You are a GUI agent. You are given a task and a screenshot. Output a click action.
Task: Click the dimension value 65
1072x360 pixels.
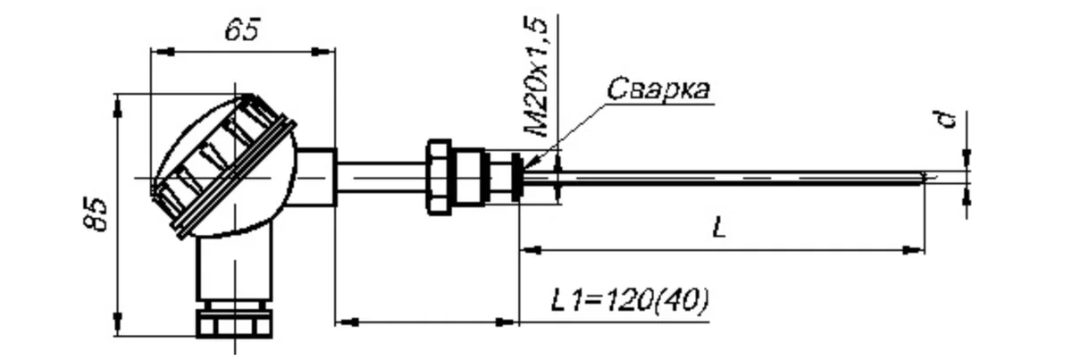243,29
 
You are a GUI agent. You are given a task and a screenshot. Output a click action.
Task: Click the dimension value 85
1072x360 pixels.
96,214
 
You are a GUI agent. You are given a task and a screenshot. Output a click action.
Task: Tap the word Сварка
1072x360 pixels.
658,88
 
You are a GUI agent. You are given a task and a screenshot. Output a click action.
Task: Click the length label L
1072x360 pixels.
719,227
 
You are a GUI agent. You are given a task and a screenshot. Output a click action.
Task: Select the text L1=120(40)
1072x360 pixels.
630,300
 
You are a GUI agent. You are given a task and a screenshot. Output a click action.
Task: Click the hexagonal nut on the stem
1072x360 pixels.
440,177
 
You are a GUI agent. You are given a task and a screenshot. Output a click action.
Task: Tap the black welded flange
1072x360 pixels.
517,177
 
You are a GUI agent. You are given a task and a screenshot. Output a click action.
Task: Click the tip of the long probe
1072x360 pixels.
924,178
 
